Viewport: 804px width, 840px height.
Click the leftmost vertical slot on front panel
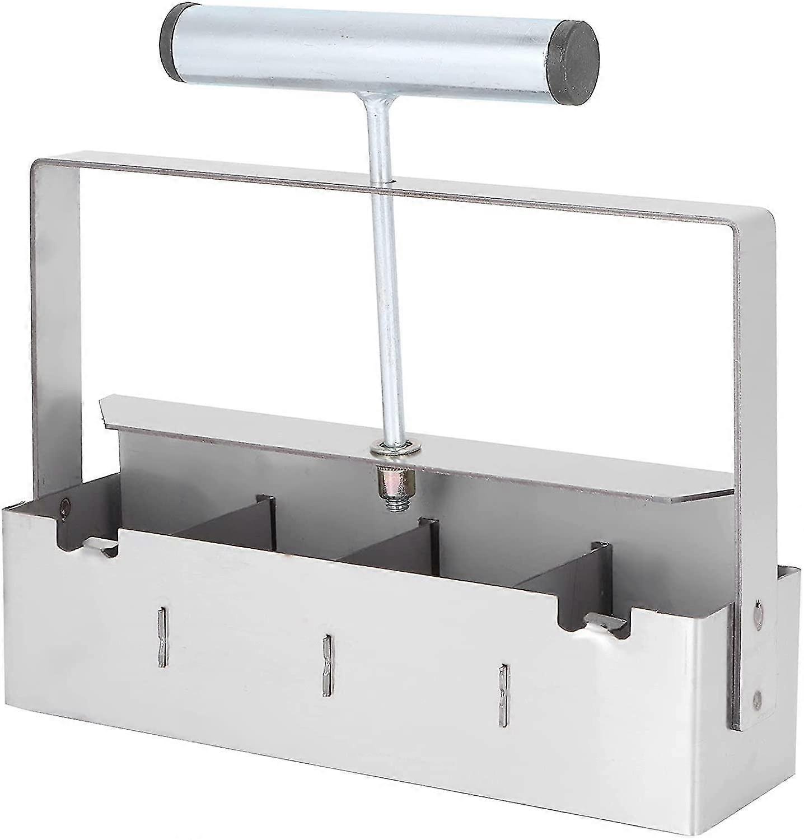coord(161,638)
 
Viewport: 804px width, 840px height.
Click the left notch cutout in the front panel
coord(90,538)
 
